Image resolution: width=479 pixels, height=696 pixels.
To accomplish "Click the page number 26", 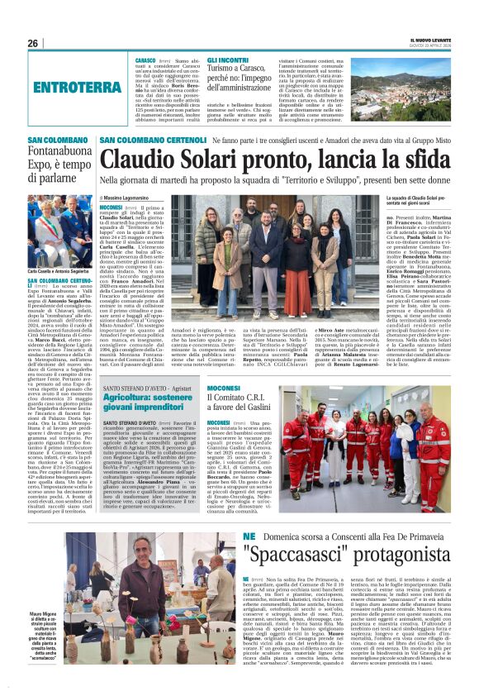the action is tap(33, 43).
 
